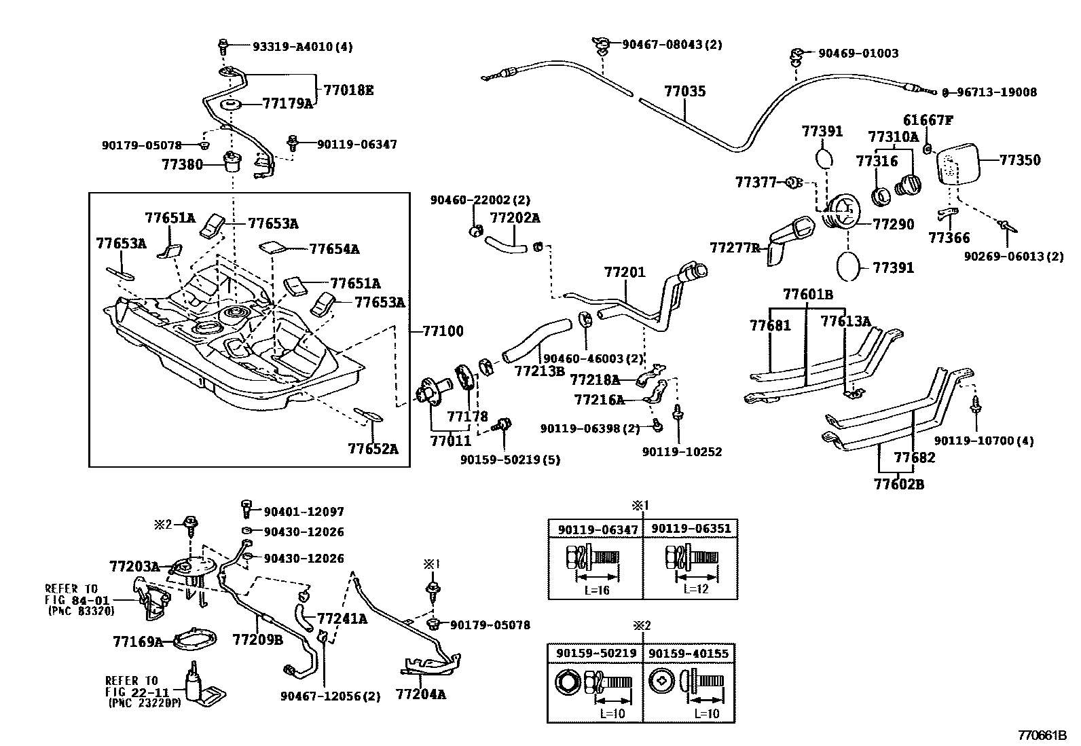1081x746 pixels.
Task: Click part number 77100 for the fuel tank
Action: coord(443,331)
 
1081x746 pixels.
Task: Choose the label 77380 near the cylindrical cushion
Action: coord(182,164)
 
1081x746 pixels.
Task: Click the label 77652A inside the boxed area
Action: coord(373,449)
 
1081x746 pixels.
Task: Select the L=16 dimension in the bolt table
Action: coord(597,590)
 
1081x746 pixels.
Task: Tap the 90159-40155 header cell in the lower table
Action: coord(689,653)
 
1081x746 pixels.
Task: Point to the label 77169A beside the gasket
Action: coord(138,641)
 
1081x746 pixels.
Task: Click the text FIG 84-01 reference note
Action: coord(73,599)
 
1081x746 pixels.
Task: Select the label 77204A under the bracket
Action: coord(421,694)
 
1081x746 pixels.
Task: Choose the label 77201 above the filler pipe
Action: coord(625,272)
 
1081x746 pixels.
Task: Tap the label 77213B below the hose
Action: coord(539,371)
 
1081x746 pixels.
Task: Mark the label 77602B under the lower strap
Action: coord(898,484)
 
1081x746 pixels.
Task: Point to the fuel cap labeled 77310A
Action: coord(909,184)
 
